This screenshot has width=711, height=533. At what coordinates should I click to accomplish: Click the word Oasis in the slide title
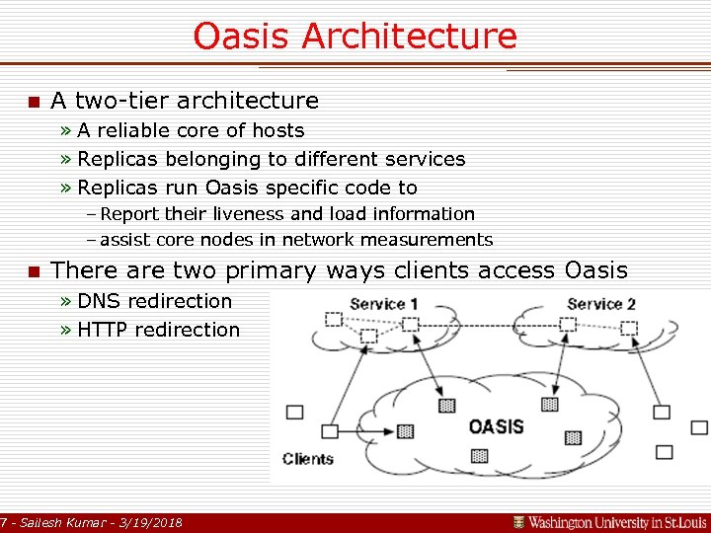242,37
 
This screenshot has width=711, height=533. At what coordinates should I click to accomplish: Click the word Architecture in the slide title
409,37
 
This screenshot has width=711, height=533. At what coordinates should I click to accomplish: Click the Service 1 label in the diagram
383,304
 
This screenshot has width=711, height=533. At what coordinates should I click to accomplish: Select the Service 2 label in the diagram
601,304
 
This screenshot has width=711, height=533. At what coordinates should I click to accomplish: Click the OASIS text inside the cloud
496,426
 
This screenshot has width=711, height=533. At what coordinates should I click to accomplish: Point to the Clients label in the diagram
307,459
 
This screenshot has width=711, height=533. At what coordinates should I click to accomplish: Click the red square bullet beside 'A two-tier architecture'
33,102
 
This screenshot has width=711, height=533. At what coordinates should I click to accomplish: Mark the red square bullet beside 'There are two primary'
33,271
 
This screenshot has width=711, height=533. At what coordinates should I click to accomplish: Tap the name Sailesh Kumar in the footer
61,521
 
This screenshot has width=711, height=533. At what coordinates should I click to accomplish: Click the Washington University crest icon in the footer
518,521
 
